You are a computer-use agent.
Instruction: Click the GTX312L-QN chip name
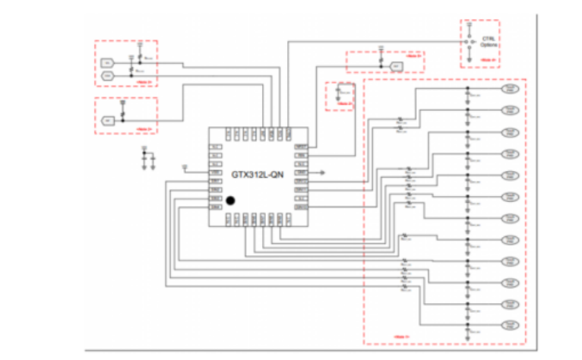pos(258,175)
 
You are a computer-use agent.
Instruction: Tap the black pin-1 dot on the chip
pos(229,201)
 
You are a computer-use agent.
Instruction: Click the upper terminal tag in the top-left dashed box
pos(108,62)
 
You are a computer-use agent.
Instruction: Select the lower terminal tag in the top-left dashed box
pos(108,76)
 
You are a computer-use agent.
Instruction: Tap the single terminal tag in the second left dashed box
pos(108,119)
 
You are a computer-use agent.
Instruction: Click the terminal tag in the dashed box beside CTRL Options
pos(397,67)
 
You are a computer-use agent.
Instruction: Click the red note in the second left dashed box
pos(145,129)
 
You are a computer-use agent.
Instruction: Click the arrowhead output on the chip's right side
pos(324,172)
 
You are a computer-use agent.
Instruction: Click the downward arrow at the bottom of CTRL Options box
pos(469,58)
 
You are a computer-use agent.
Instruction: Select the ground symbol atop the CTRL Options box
pos(469,24)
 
